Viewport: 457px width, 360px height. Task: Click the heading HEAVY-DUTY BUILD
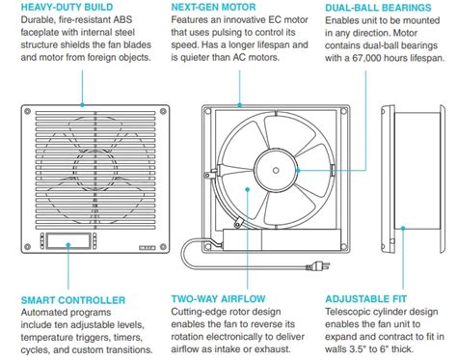coord(67,7)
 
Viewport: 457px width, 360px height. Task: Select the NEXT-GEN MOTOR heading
coord(213,7)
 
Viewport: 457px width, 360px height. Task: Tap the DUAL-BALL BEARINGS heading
coord(378,8)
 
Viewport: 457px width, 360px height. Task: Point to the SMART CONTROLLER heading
coord(73,300)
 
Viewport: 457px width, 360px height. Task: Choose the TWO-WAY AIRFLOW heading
coord(218,299)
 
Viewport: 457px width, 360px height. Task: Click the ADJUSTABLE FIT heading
coord(366,299)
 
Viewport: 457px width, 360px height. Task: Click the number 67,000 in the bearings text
coord(367,58)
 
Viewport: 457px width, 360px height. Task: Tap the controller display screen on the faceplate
coord(68,240)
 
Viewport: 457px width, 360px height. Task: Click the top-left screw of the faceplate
coord(28,111)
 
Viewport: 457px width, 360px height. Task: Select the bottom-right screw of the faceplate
coord(163,247)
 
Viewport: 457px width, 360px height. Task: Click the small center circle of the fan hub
coord(276,170)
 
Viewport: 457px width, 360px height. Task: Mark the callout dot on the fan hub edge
coord(298,170)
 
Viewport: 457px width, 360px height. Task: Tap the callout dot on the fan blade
coord(247,189)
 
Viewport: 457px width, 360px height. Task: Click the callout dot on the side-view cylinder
coord(403,228)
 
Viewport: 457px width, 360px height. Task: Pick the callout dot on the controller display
coord(68,245)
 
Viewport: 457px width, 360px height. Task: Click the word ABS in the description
coord(122,19)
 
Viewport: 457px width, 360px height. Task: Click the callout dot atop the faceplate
coord(82,105)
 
